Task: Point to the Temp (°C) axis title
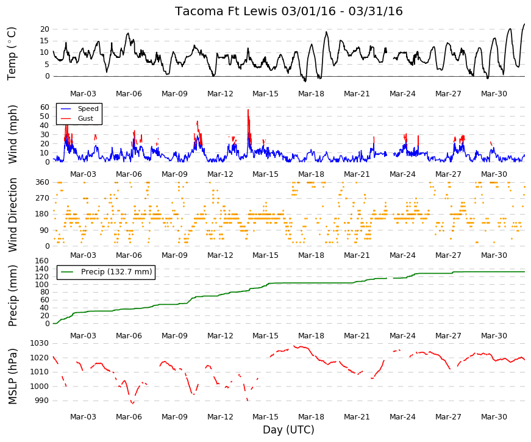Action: click(12, 54)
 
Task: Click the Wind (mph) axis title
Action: click(13, 135)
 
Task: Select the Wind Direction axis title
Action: click(13, 215)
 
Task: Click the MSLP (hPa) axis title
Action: click(13, 376)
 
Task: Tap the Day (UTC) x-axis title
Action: click(288, 430)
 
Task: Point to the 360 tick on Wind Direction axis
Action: click(42, 182)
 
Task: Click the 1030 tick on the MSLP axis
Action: click(39, 343)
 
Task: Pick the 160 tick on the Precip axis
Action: click(42, 261)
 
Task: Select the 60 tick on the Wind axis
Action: click(45, 107)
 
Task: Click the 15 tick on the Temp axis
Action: click(45, 41)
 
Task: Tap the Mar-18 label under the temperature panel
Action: click(311, 94)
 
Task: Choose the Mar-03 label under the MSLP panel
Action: click(83, 417)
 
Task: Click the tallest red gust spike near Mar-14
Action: click(248, 110)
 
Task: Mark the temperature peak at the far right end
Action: click(524, 24)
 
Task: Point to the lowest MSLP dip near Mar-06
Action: click(132, 404)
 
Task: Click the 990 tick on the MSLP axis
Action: click(41, 401)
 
